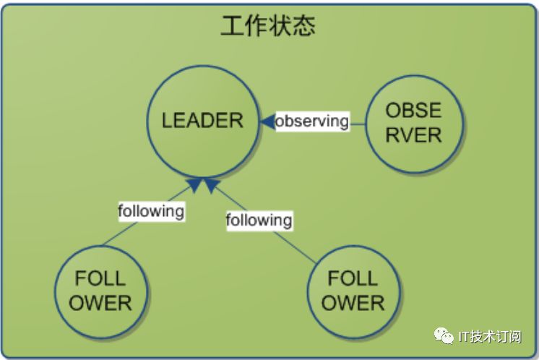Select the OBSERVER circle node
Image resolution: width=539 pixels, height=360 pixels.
pyautogui.click(x=413, y=122)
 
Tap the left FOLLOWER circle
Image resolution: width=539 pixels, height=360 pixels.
pyautogui.click(x=101, y=291)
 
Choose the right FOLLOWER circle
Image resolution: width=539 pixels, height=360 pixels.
pyautogui.click(x=353, y=291)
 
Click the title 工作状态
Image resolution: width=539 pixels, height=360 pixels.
pyautogui.click(x=268, y=27)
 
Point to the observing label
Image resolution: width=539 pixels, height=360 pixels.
pyautogui.click(x=311, y=121)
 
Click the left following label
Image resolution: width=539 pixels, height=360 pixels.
pyautogui.click(x=152, y=211)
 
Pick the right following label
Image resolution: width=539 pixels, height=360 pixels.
pyautogui.click(x=259, y=219)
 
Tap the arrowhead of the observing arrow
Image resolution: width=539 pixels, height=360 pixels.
pyautogui.click(x=266, y=121)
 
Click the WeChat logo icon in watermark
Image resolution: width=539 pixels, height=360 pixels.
pyautogui.click(x=444, y=336)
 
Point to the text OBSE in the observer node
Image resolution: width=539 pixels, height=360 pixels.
pyautogui.click(x=413, y=111)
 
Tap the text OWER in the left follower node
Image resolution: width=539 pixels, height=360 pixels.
pyautogui.click(x=101, y=302)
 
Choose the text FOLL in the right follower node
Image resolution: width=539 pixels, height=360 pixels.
pyautogui.click(x=353, y=279)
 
